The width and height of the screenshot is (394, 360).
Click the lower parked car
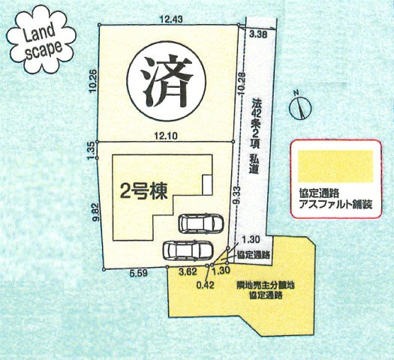(182, 248)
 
